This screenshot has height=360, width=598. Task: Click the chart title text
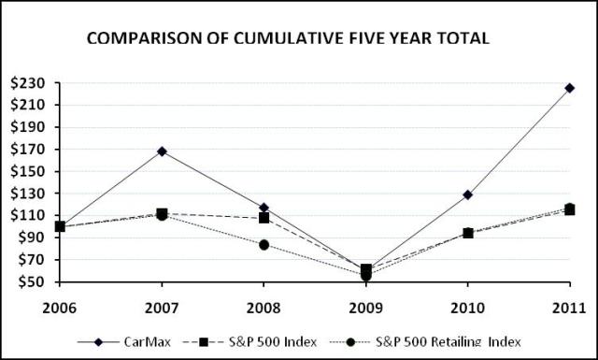pyautogui.click(x=289, y=40)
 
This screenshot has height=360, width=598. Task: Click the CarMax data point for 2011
pyautogui.click(x=569, y=88)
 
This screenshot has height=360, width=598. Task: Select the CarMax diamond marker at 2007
pyautogui.click(x=162, y=151)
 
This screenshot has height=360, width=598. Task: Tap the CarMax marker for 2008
pyautogui.click(x=263, y=208)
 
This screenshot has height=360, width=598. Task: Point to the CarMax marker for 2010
pyautogui.click(x=467, y=194)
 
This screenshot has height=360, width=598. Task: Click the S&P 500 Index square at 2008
pyautogui.click(x=263, y=218)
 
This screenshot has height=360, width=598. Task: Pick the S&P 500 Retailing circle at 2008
pyautogui.click(x=263, y=245)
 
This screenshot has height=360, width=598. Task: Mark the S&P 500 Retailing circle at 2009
pyautogui.click(x=365, y=276)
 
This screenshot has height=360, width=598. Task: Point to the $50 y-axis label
pyautogui.click(x=31, y=282)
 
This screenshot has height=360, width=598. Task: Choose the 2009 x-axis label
pyautogui.click(x=365, y=306)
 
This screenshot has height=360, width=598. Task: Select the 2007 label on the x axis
pyautogui.click(x=162, y=306)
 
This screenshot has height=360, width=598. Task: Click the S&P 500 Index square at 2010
pyautogui.click(x=467, y=233)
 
